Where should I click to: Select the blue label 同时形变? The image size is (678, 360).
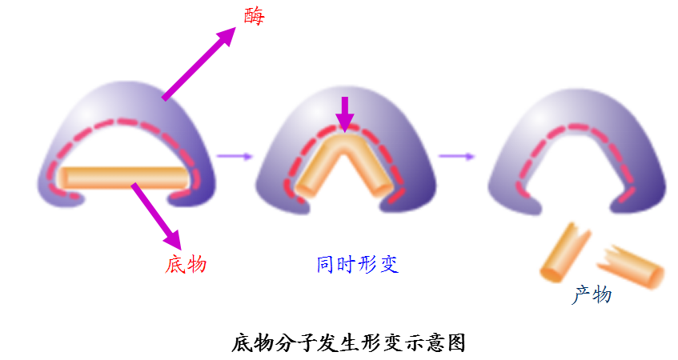tap(357, 263)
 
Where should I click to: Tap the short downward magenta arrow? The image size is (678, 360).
tap(344, 113)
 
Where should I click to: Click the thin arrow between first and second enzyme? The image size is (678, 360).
tap(234, 156)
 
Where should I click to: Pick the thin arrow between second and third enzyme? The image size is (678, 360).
tap(456, 156)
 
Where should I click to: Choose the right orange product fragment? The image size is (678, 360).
tap(632, 265)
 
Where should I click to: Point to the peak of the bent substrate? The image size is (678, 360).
tap(344, 141)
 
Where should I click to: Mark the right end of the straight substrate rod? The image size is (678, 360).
tap(187, 178)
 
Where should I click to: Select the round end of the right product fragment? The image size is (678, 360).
tap(656, 275)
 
